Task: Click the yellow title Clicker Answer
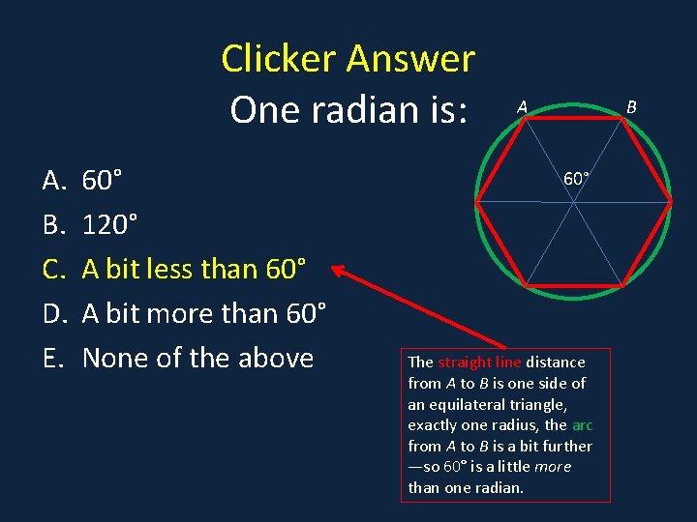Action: (348, 59)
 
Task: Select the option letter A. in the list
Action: (52, 179)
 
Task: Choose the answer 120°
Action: (109, 224)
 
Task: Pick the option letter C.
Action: (52, 269)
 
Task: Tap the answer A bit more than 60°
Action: (203, 313)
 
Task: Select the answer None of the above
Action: (197, 358)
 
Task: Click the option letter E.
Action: (52, 358)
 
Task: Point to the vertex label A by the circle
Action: (522, 107)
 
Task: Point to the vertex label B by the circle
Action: (631, 106)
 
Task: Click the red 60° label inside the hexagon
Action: (577, 179)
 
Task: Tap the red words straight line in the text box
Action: (479, 362)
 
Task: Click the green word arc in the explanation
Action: (582, 425)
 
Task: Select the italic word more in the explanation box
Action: (552, 467)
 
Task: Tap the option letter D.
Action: (52, 313)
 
